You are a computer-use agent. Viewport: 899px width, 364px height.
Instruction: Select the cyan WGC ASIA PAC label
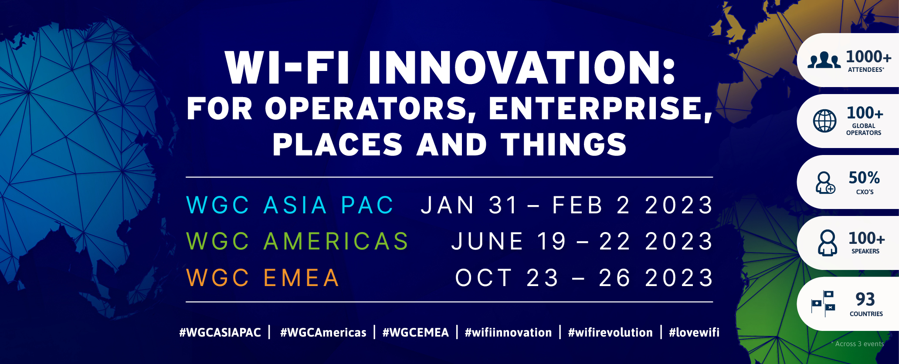click(x=290, y=205)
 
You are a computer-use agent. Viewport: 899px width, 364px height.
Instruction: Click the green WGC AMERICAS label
click(x=297, y=241)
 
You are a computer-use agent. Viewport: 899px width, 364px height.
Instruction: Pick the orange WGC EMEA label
click(x=263, y=278)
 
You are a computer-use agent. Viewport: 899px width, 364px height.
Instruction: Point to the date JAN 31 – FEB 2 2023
click(x=567, y=205)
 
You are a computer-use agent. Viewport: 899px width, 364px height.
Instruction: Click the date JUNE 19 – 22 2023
click(x=582, y=241)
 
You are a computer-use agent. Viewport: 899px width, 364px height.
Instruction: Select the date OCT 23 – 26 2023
click(x=584, y=278)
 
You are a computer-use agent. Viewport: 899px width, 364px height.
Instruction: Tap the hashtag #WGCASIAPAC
click(x=220, y=333)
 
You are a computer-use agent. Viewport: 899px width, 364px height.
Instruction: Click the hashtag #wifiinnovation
click(x=508, y=333)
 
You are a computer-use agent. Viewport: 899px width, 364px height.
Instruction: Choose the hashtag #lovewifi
click(x=694, y=333)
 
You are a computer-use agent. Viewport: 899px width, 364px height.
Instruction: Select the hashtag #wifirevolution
click(x=610, y=333)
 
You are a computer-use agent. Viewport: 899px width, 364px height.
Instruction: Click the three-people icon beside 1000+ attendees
click(x=824, y=60)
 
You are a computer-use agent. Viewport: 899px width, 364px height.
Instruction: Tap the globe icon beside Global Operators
click(x=824, y=121)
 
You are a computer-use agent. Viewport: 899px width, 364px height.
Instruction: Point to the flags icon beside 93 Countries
click(x=823, y=303)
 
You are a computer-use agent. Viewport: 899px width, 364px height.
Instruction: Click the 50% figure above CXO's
click(x=864, y=178)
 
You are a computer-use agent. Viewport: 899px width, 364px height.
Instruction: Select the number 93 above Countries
click(x=865, y=299)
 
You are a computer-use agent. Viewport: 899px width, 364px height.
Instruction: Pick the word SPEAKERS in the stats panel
click(x=865, y=251)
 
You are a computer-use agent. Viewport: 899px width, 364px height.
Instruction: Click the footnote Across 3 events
click(x=858, y=344)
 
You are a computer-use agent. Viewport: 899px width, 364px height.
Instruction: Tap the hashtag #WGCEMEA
click(x=415, y=333)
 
